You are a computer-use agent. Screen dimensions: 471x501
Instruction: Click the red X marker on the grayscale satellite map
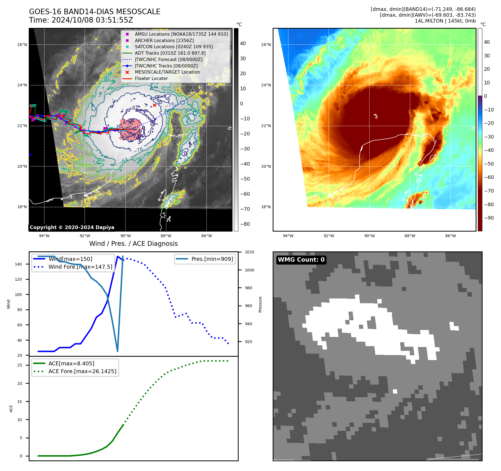pyautogui.click(x=154, y=105)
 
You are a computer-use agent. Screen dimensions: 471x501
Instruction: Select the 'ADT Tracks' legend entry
pyautogui.click(x=170, y=53)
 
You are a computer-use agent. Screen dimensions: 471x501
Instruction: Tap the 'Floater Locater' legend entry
pyautogui.click(x=151, y=78)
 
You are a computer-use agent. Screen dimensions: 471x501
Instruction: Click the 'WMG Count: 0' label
pyautogui.click(x=301, y=260)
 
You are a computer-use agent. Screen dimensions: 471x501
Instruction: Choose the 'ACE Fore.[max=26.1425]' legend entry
pyautogui.click(x=82, y=371)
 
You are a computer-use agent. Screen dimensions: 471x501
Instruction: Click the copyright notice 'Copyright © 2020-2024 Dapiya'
pyautogui.click(x=72, y=227)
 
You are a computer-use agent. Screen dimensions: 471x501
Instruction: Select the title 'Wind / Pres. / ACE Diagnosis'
pyautogui.click(x=133, y=244)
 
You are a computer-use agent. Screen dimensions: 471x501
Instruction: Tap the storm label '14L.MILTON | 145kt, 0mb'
pyautogui.click(x=445, y=21)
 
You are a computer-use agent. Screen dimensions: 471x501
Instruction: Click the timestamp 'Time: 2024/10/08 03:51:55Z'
pyautogui.click(x=81, y=20)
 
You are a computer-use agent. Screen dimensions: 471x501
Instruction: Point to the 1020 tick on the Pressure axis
pyautogui.click(x=249, y=252)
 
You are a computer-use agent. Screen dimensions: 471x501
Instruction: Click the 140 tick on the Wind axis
pyautogui.click(x=18, y=264)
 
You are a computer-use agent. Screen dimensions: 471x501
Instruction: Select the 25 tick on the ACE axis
pyautogui.click(x=20, y=365)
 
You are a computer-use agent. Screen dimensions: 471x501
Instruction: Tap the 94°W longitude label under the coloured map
pyautogui.click(x=288, y=236)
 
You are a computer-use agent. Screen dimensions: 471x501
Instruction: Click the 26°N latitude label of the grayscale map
pyautogui.click(x=22, y=45)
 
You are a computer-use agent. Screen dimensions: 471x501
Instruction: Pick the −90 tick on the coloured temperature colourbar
pyautogui.click(x=489, y=218)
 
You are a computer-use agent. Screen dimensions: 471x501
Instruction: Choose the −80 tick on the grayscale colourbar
pyautogui.click(x=245, y=224)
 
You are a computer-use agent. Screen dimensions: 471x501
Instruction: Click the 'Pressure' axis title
pyautogui.click(x=260, y=304)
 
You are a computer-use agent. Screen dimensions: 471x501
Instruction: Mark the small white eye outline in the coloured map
pyautogui.click(x=376, y=116)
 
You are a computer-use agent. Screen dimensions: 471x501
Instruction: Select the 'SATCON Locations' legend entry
pyautogui.click(x=174, y=47)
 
